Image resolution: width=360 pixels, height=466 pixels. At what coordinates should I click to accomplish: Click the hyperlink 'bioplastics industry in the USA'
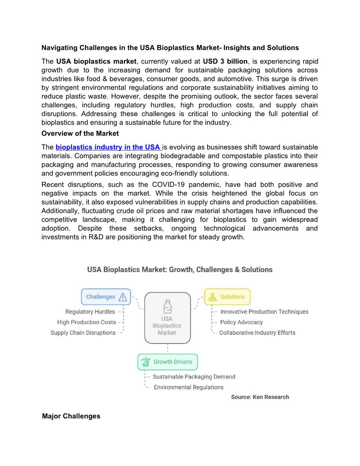[x=108, y=147]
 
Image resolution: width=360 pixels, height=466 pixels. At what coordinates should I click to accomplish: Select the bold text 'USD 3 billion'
[x=225, y=61]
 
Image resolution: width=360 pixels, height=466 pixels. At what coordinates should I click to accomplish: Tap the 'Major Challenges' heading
[x=71, y=416]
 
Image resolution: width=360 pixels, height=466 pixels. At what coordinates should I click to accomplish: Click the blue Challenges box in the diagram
[x=106, y=297]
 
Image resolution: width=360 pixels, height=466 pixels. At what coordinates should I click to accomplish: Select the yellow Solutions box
[x=227, y=297]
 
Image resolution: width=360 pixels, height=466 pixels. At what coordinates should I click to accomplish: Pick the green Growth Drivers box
[x=167, y=362]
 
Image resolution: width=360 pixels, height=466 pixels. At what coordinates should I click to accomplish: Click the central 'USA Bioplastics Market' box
[x=167, y=318]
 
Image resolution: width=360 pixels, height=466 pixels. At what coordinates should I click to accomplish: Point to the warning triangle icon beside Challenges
[x=123, y=297]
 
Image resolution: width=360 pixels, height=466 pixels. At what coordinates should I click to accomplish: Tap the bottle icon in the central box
[x=167, y=306]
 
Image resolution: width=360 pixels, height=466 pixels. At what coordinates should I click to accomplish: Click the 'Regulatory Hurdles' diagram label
[x=90, y=312]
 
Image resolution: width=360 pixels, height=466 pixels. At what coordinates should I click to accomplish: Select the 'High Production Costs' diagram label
[x=86, y=322]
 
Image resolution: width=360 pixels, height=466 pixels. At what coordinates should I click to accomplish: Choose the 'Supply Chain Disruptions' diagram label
[x=83, y=333]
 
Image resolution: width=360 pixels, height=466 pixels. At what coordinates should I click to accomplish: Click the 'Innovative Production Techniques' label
[x=264, y=312]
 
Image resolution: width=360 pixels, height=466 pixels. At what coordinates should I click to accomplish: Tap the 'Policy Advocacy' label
[x=241, y=322]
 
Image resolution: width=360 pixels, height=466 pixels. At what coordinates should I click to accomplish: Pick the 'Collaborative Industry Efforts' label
[x=257, y=333]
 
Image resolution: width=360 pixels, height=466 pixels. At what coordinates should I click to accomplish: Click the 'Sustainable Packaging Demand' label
[x=194, y=377]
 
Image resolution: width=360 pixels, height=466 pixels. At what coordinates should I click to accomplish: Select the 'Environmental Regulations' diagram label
[x=188, y=387]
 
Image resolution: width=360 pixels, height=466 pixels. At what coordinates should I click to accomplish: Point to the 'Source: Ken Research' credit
[x=260, y=397]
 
